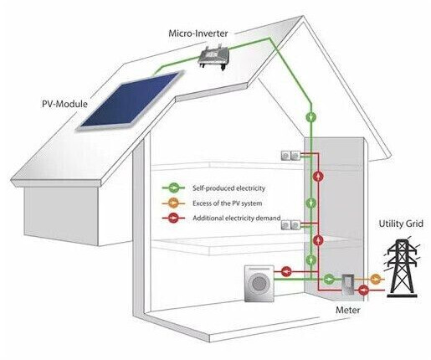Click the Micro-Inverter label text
pyautogui.click(x=198, y=33)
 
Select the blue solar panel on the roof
pyautogui.click(x=130, y=100)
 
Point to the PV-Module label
pyautogui.click(x=64, y=104)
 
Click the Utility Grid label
pyautogui.click(x=401, y=224)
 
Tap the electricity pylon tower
pyautogui.click(x=402, y=266)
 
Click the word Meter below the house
pyautogui.click(x=348, y=310)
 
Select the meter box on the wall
pyautogui.click(x=348, y=285)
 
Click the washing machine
pyautogui.click(x=259, y=283)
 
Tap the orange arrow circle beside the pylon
pyautogui.click(x=376, y=279)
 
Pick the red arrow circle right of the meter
pyautogui.click(x=363, y=291)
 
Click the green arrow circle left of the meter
pyautogui.click(x=329, y=279)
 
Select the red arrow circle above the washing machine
pyautogui.click(x=286, y=271)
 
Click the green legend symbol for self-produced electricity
pyautogui.click(x=173, y=188)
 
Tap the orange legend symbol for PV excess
pyautogui.click(x=173, y=203)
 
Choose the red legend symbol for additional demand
pyautogui.click(x=173, y=218)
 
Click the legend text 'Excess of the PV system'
pyautogui.click(x=228, y=203)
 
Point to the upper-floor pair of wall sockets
pyautogui.click(x=290, y=156)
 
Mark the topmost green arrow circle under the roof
pyautogui.click(x=311, y=116)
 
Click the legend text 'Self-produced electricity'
pyautogui.click(x=228, y=188)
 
